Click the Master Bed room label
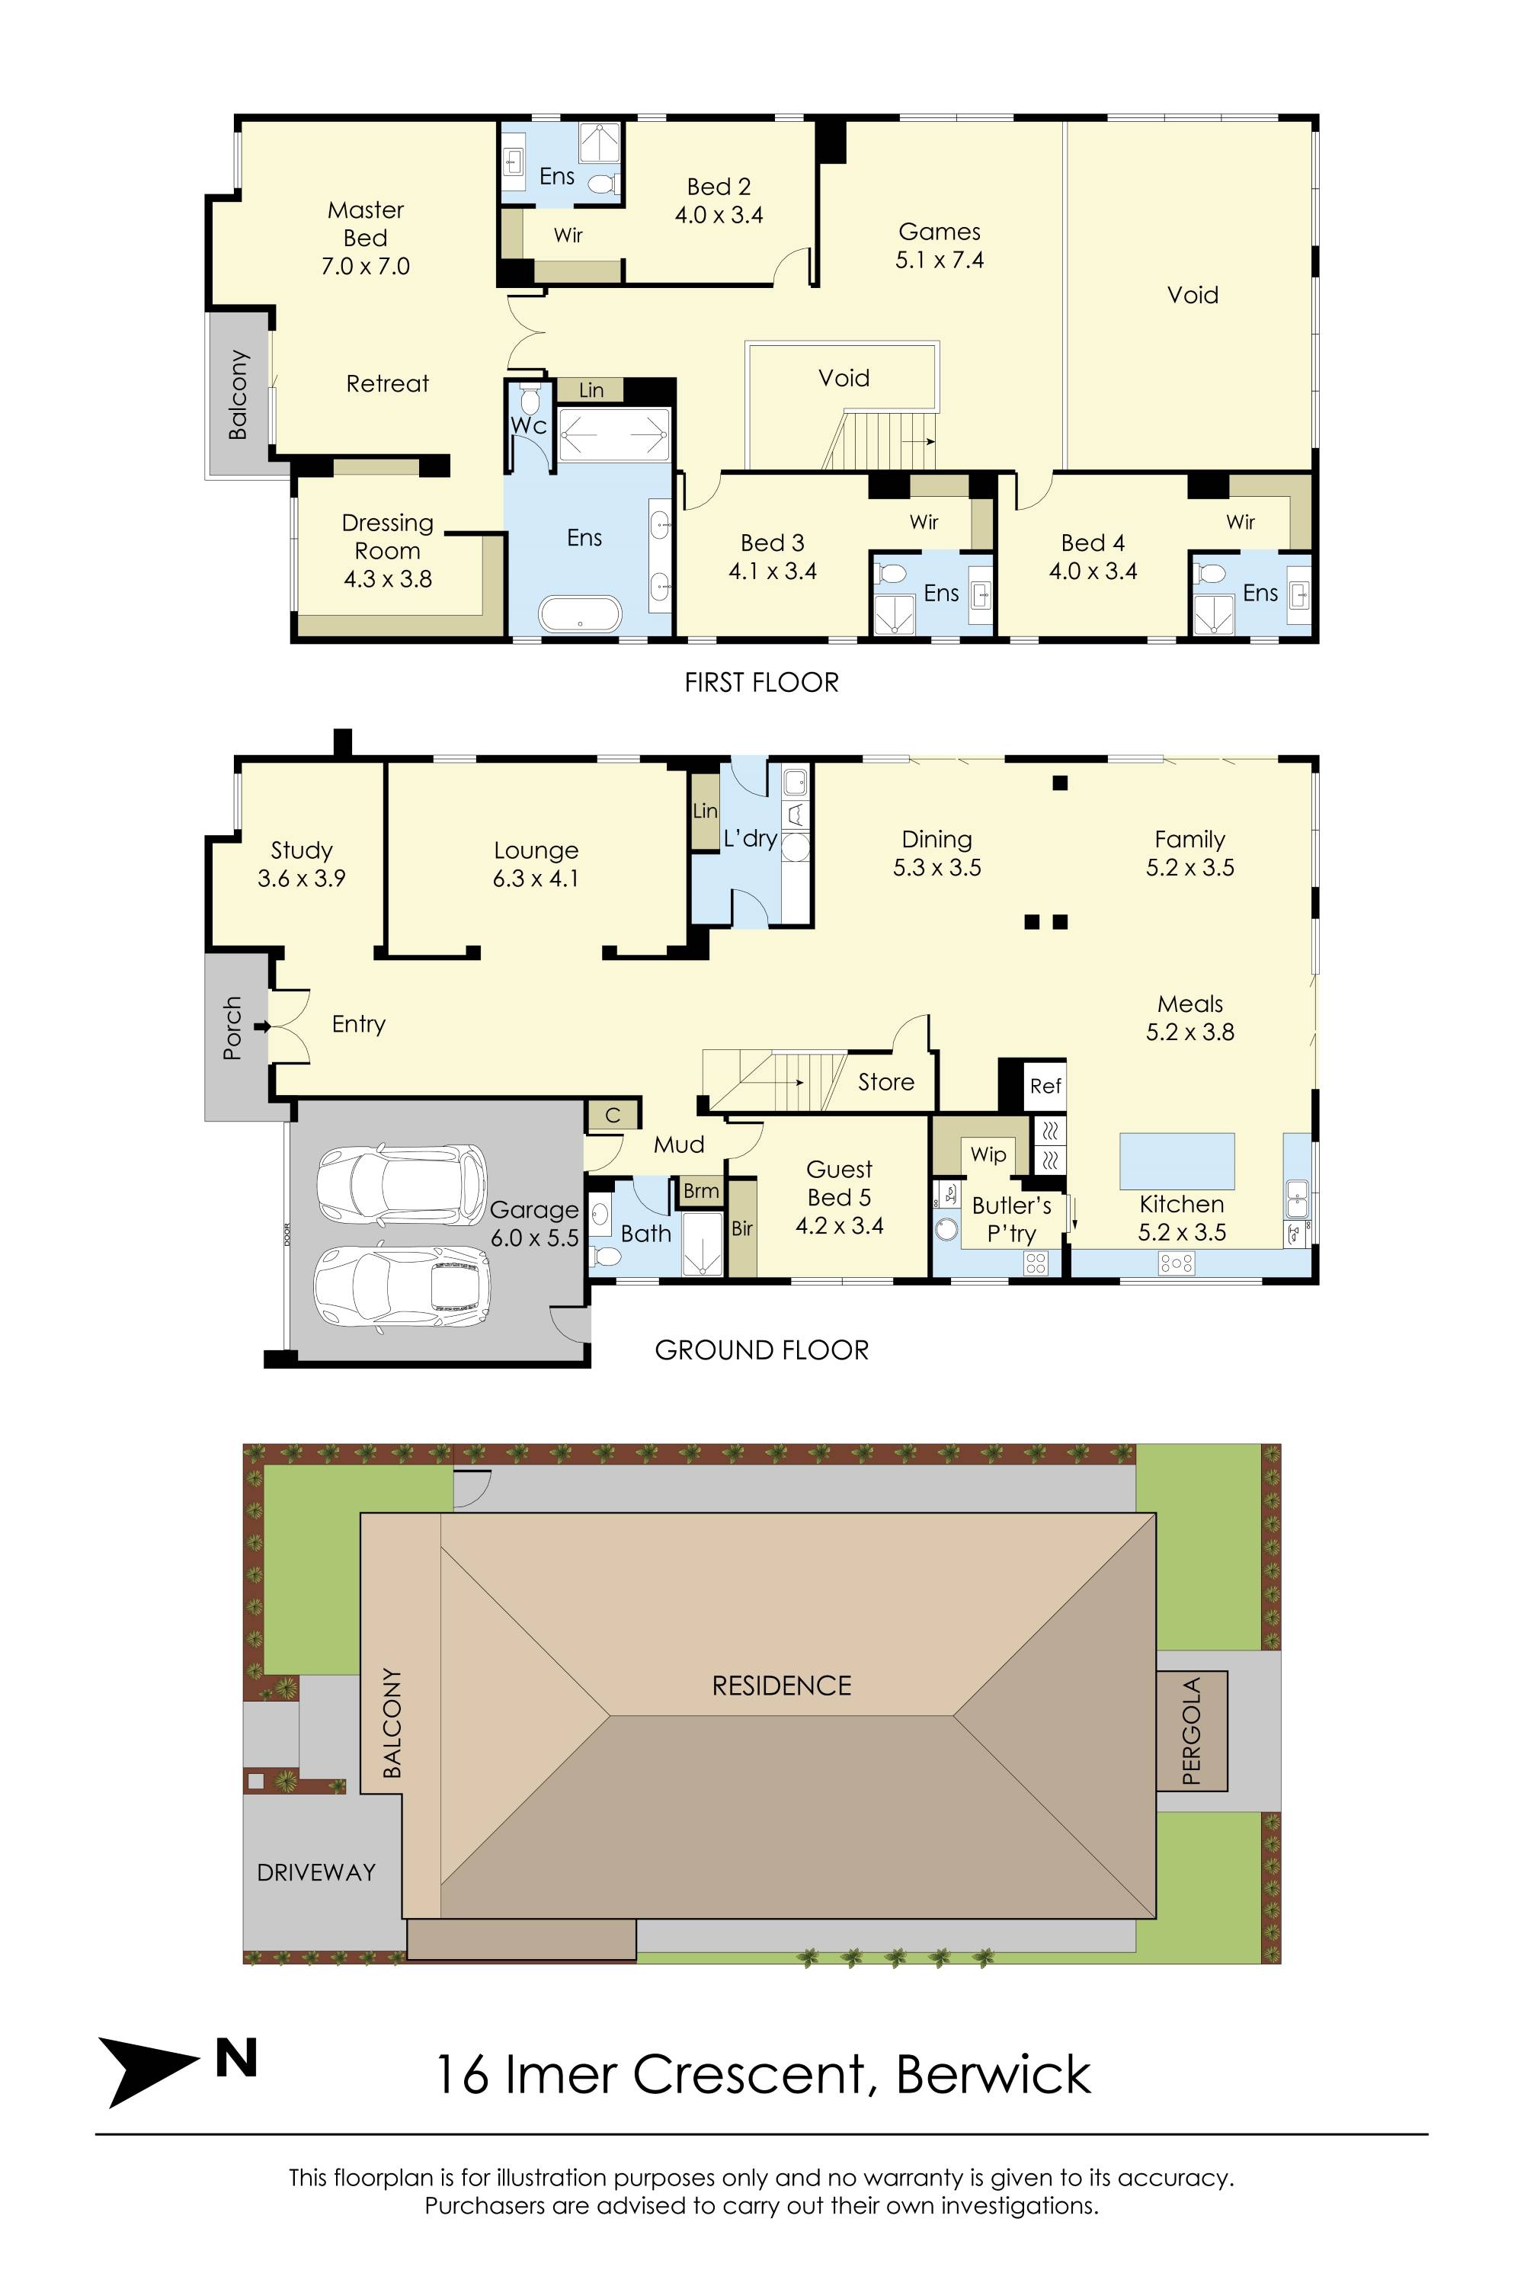[x=366, y=223]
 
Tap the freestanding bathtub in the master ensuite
[x=580, y=613]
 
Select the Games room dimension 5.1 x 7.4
[x=939, y=260]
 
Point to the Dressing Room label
[x=387, y=536]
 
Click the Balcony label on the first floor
[x=238, y=394]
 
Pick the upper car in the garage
[x=402, y=1184]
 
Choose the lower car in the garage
[x=402, y=1287]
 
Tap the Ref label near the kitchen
[x=1045, y=1086]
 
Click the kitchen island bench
[x=1177, y=1161]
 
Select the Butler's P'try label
[x=1012, y=1218]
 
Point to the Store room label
[x=885, y=1082]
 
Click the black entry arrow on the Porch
[x=261, y=1026]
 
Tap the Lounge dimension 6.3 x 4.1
[x=536, y=879]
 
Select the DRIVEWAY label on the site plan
[x=316, y=1872]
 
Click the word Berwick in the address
[x=994, y=2074]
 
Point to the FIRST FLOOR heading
[x=761, y=682]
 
